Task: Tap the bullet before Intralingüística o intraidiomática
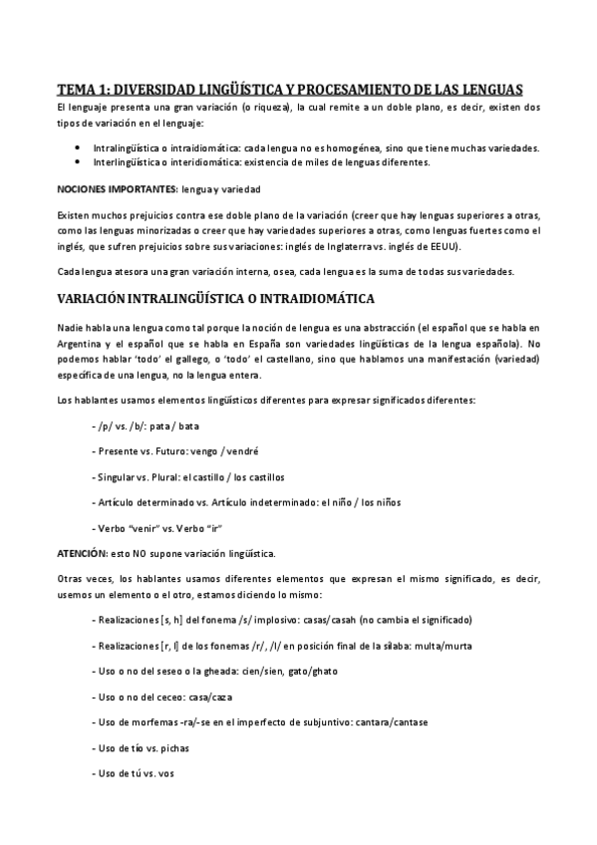(x=79, y=146)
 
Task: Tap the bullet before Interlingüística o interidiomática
(x=79, y=161)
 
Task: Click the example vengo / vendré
(x=217, y=451)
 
